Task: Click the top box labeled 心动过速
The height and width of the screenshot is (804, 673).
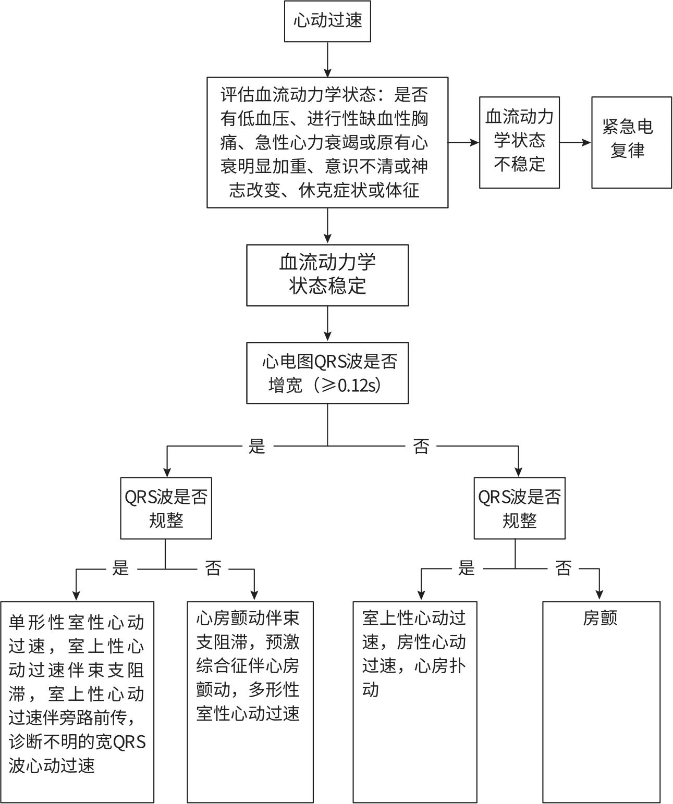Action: click(x=327, y=21)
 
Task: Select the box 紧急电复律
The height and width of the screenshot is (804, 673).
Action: click(x=631, y=142)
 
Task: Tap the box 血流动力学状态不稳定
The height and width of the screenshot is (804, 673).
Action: click(x=519, y=142)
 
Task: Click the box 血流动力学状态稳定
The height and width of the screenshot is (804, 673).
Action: click(x=327, y=275)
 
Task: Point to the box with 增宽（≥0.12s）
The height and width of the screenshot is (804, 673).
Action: click(x=327, y=373)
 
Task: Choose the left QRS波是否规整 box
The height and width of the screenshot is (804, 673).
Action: click(x=166, y=508)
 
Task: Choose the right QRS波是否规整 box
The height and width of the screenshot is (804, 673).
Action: click(x=519, y=508)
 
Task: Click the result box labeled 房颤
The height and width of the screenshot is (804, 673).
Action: click(x=601, y=701)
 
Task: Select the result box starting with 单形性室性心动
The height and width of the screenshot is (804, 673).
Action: click(x=77, y=701)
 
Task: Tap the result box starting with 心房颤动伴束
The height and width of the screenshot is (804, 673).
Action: click(x=250, y=701)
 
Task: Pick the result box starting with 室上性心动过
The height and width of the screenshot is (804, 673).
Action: click(x=415, y=701)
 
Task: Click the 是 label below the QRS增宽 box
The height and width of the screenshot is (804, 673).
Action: click(x=257, y=447)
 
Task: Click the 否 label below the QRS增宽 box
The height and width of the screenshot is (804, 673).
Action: click(x=421, y=447)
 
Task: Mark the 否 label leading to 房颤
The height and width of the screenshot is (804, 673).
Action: click(x=564, y=568)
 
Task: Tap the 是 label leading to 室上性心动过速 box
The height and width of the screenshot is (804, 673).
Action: click(x=467, y=568)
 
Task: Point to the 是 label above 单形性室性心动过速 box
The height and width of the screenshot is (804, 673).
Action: click(x=121, y=568)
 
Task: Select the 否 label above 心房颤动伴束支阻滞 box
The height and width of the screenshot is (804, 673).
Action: click(x=213, y=568)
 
